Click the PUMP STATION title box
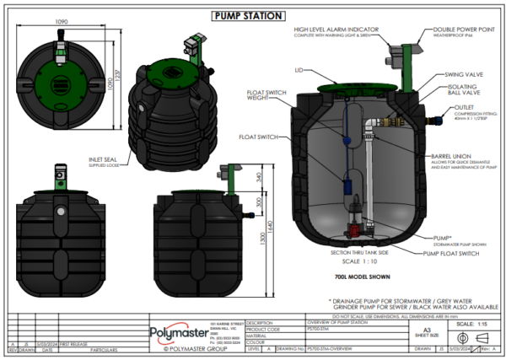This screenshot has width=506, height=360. [x=252, y=15]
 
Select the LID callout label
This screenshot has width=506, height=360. [x=299, y=70]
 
